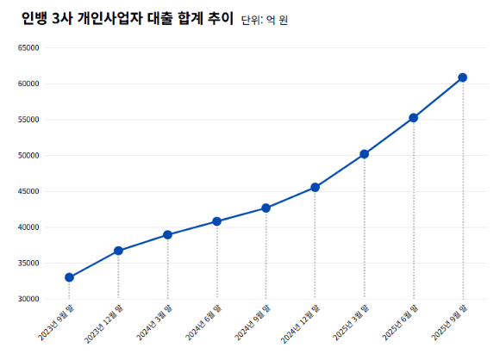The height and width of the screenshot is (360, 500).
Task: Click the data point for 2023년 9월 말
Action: point(69,277)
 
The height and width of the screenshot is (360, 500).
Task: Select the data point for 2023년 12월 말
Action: point(118,251)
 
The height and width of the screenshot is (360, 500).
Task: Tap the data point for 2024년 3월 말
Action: point(167,234)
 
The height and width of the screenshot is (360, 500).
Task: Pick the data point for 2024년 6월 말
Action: point(216,221)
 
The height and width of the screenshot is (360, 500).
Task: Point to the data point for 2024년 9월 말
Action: point(266,208)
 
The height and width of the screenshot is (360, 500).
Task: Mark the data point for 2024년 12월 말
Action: point(315,187)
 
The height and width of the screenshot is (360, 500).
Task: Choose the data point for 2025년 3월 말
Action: point(364,154)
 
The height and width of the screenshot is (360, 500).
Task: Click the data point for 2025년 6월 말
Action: point(413,117)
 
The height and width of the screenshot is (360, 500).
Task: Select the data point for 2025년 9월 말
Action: point(462,78)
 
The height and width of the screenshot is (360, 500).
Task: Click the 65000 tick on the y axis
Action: point(28,48)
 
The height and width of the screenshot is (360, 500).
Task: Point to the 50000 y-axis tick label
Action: point(28,156)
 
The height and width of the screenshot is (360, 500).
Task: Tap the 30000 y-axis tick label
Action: point(28,300)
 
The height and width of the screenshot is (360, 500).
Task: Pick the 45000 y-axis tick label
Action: point(28,192)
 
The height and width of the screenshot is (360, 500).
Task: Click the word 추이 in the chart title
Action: point(221,19)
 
